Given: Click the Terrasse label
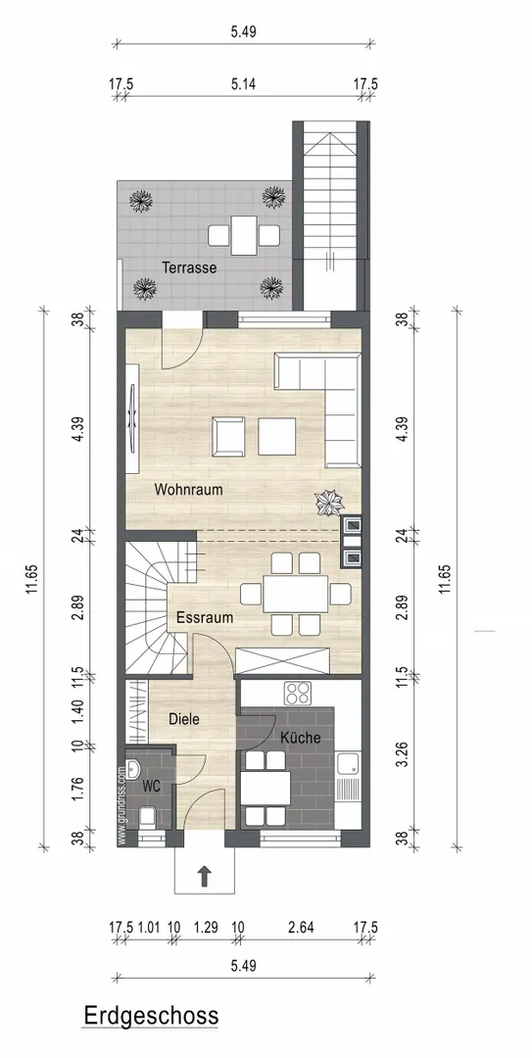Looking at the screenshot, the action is click(x=189, y=267).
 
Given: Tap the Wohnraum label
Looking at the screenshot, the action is click(x=188, y=490).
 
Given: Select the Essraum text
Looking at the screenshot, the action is click(x=205, y=617).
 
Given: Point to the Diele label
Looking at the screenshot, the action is click(x=184, y=719).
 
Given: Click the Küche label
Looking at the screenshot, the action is click(x=301, y=738).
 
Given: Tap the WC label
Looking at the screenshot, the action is click(x=151, y=786).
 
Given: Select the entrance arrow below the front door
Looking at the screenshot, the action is click(x=203, y=877).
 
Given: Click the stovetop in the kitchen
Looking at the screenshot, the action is click(x=298, y=693).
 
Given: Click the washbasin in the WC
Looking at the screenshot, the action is click(x=133, y=769).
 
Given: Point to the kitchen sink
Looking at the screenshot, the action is click(x=348, y=763).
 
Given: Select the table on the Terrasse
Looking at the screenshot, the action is click(x=243, y=235).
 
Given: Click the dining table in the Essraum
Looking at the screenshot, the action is click(x=296, y=594).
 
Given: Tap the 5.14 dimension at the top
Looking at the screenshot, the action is click(x=243, y=84).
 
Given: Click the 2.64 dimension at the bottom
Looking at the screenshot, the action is click(x=301, y=928).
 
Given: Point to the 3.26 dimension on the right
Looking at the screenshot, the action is click(x=404, y=753).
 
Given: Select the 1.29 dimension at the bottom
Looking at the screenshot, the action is click(x=205, y=928).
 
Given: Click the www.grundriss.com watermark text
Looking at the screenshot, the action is click(x=121, y=804).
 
